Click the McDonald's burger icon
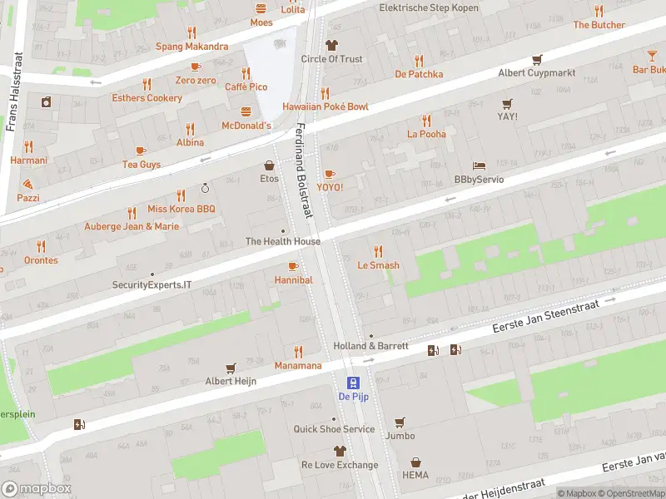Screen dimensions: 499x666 click(x=246, y=111)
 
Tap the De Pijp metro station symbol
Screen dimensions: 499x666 click(x=354, y=383)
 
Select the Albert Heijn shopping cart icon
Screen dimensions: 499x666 click(x=231, y=368)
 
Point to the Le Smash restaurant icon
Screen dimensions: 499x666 click(x=378, y=251)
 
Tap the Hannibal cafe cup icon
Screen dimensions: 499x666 click(x=292, y=266)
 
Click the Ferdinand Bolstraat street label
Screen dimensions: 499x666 click(x=304, y=170)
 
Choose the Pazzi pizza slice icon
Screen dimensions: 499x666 click(x=27, y=184)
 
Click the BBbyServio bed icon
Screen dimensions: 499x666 click(x=479, y=166)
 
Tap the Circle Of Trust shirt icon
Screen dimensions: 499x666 click(x=331, y=45)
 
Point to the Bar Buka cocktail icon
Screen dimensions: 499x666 click(x=652, y=56)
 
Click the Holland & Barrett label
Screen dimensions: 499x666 click(x=370, y=346)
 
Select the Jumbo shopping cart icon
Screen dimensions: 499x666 click(x=400, y=422)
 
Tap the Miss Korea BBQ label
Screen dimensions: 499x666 click(x=181, y=209)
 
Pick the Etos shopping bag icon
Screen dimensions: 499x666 click(x=269, y=165)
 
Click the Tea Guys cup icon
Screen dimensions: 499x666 click(x=140, y=151)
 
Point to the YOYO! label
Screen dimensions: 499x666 click(x=330, y=187)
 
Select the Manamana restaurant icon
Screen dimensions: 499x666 click(x=298, y=351)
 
